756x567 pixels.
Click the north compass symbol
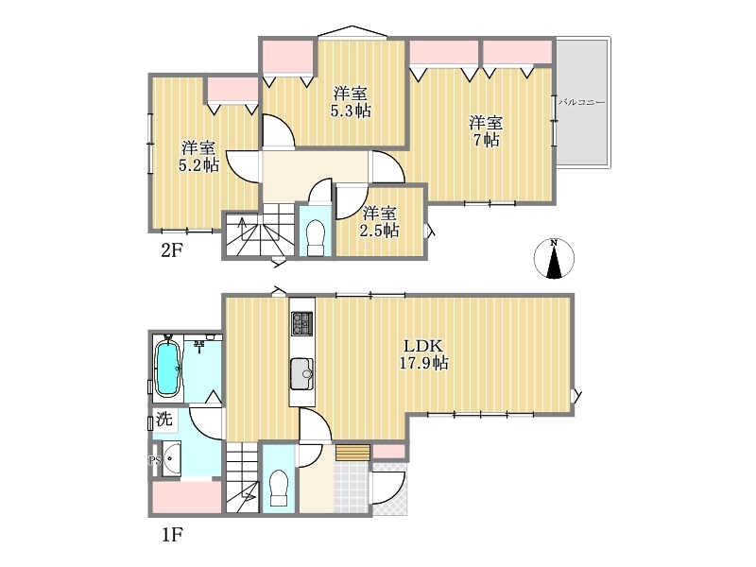554,258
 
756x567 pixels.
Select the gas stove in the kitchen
301,323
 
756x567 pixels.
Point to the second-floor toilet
316,238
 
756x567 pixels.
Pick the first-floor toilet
278,488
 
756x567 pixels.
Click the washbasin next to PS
171,458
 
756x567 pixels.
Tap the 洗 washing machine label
164,419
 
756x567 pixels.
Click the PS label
154,460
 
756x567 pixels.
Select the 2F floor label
171,250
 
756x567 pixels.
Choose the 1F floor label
172,535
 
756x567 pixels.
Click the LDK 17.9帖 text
423,353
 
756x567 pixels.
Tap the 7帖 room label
486,131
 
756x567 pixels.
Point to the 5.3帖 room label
350,102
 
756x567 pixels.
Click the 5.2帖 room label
198,156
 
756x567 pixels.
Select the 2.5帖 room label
380,222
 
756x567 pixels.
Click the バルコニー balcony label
581,103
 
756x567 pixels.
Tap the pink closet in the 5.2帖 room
233,90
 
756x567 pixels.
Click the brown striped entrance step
352,454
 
